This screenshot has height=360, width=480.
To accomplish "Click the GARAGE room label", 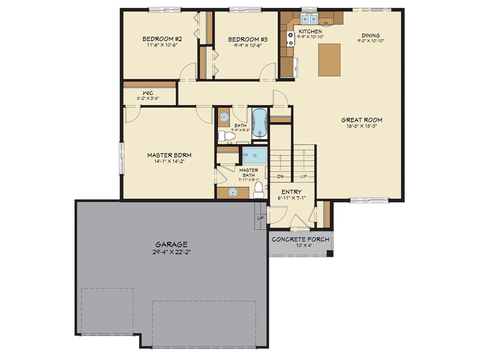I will pyautogui.click(x=172, y=244).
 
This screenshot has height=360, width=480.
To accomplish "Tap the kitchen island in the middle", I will pyautogui.click(x=329, y=60).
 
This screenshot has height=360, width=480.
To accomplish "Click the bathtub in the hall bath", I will pyautogui.click(x=259, y=123).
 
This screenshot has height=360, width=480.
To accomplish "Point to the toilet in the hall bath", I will pyautogui.click(x=227, y=136).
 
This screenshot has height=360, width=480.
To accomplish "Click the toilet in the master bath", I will pyautogui.click(x=258, y=190).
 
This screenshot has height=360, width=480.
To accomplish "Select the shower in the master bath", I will pyautogui.click(x=255, y=155).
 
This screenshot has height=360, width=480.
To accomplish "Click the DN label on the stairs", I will pyautogui.click(x=281, y=177).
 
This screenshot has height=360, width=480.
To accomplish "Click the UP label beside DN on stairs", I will pyautogui.click(x=304, y=177).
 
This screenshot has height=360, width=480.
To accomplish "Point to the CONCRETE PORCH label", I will pyautogui.click(x=300, y=240).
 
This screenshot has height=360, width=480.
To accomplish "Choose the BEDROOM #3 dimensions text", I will pyautogui.click(x=244, y=45).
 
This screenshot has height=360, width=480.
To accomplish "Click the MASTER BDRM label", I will pyautogui.click(x=169, y=155).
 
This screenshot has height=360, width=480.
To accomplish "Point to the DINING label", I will pyautogui.click(x=370, y=35).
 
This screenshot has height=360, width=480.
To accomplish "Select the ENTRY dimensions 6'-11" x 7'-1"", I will pyautogui.click(x=292, y=198).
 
